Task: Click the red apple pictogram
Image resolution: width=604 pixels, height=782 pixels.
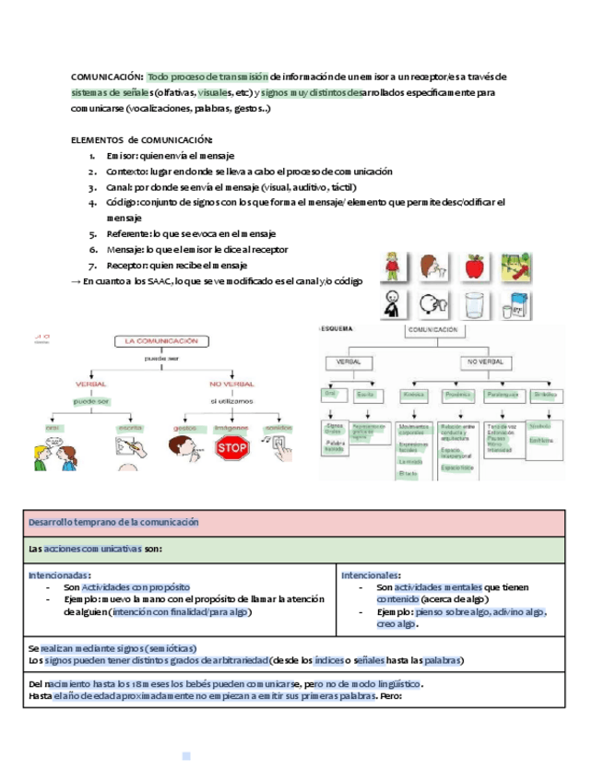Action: pyautogui.click(x=475, y=267)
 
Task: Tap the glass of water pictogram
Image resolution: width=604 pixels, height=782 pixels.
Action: pyautogui.click(x=475, y=305)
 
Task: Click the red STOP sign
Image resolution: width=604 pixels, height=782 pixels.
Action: pyautogui.click(x=232, y=447)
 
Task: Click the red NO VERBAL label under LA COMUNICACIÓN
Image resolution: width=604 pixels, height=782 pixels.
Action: pyautogui.click(x=231, y=384)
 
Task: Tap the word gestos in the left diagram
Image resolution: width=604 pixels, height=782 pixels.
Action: pyautogui.click(x=185, y=428)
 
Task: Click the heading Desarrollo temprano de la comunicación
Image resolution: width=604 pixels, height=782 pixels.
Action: pyautogui.click(x=113, y=522)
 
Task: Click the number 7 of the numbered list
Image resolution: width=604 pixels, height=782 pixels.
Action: pyautogui.click(x=92, y=265)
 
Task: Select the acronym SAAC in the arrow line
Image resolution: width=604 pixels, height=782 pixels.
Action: pyautogui.click(x=159, y=280)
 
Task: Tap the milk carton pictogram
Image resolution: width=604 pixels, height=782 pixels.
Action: pyautogui.click(x=515, y=305)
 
